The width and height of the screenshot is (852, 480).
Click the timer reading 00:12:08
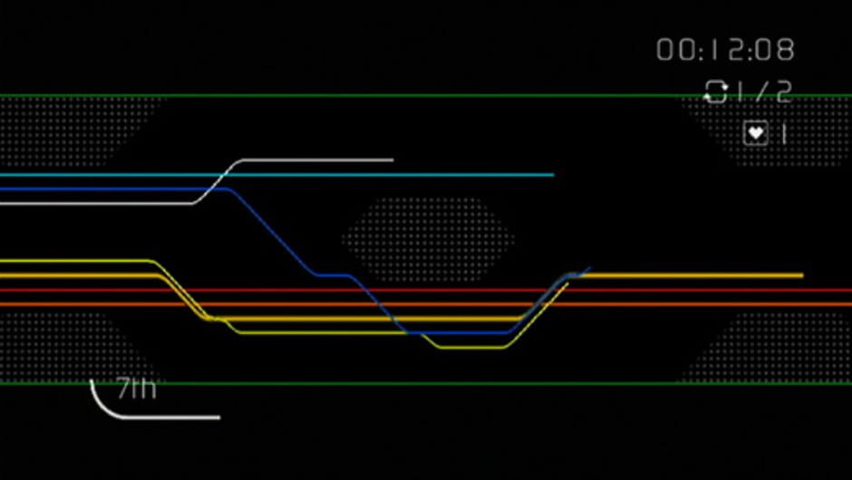point(725,50)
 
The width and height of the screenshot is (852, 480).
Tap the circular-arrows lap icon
point(716,92)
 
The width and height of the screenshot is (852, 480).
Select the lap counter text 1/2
point(764,92)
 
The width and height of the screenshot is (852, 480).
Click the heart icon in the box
point(755,134)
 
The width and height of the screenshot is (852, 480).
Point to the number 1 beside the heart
point(784,134)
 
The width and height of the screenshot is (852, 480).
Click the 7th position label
point(136,390)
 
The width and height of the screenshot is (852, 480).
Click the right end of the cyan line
point(551,174)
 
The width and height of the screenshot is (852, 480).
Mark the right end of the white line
point(392,160)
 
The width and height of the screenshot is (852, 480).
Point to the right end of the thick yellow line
point(800,275)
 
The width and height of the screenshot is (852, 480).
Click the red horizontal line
point(707,290)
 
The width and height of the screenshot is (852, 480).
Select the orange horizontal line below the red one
point(707,304)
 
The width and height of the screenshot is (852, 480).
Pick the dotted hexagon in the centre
point(426,239)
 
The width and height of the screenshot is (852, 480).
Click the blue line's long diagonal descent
point(272,231)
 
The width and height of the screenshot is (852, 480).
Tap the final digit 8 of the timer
point(785,50)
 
